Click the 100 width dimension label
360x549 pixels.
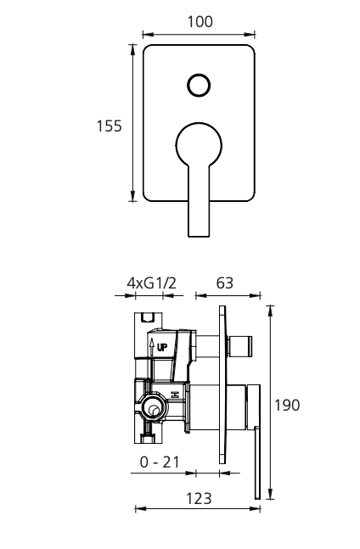click(200, 22)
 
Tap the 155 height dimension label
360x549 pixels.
click(109, 126)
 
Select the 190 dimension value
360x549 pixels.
click(287, 405)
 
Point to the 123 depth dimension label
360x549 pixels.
click(199, 499)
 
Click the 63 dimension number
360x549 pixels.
click(224, 283)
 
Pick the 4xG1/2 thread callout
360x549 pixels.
click(151, 283)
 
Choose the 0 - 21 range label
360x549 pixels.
click(160, 462)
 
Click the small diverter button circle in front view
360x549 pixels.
click(199, 85)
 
